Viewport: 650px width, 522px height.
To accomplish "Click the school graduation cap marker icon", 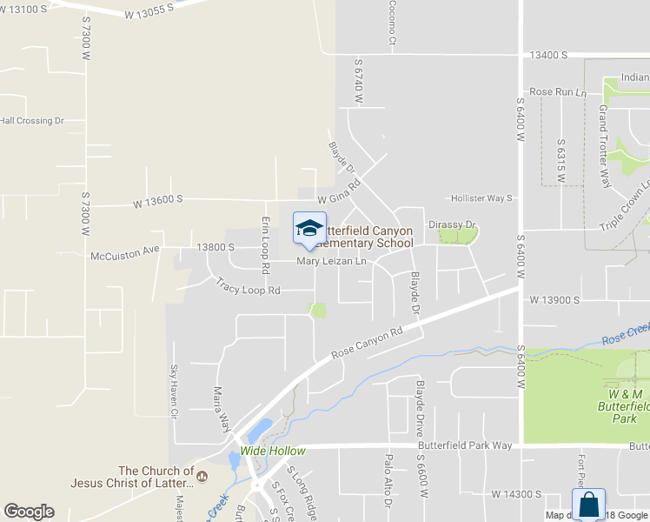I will click(309, 228).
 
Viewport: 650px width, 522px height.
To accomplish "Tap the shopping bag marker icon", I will click(587, 505).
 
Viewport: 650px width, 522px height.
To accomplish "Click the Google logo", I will click(29, 512).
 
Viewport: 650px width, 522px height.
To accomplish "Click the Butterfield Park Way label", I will click(466, 445).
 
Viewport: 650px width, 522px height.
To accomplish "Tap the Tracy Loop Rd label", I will click(249, 288).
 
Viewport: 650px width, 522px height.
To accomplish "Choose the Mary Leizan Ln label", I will click(332, 261).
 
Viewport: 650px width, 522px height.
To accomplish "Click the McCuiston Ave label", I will click(125, 255).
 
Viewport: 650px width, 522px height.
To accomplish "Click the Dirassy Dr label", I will click(453, 224).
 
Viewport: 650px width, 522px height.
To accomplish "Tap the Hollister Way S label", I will click(481, 198).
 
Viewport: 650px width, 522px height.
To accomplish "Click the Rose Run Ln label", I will click(558, 91).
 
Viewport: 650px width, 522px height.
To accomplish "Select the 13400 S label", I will click(548, 55).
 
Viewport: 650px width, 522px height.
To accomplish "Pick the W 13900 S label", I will click(554, 299).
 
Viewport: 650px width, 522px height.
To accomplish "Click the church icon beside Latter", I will click(202, 476).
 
